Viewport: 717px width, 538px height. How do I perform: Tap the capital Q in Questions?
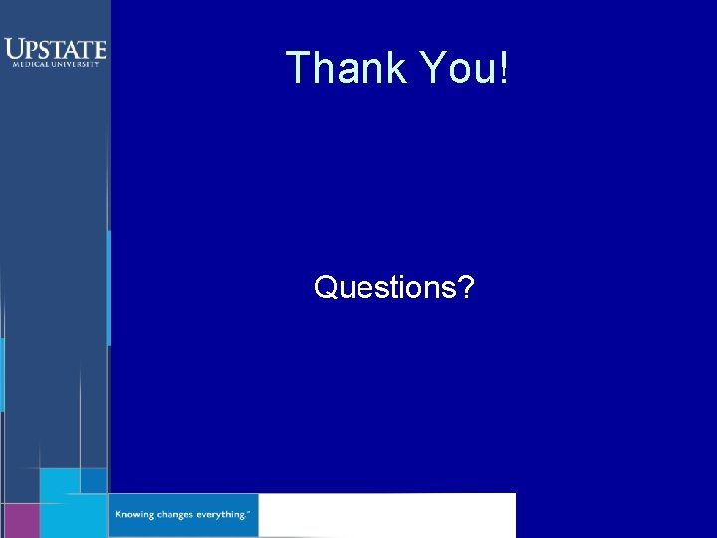pos(326,288)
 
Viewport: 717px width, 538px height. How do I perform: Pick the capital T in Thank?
pos(297,68)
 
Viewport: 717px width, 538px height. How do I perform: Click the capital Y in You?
pos(431,68)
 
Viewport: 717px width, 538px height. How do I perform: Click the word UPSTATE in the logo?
pos(55,48)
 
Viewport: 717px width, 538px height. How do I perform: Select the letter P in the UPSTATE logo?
pos(32,49)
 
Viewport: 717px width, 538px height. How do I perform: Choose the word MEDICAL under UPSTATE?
pos(30,64)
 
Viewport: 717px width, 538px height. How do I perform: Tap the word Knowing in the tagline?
pos(135,515)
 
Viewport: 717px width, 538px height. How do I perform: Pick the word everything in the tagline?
pos(221,515)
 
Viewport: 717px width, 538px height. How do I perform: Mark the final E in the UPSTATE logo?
pos(99,49)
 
